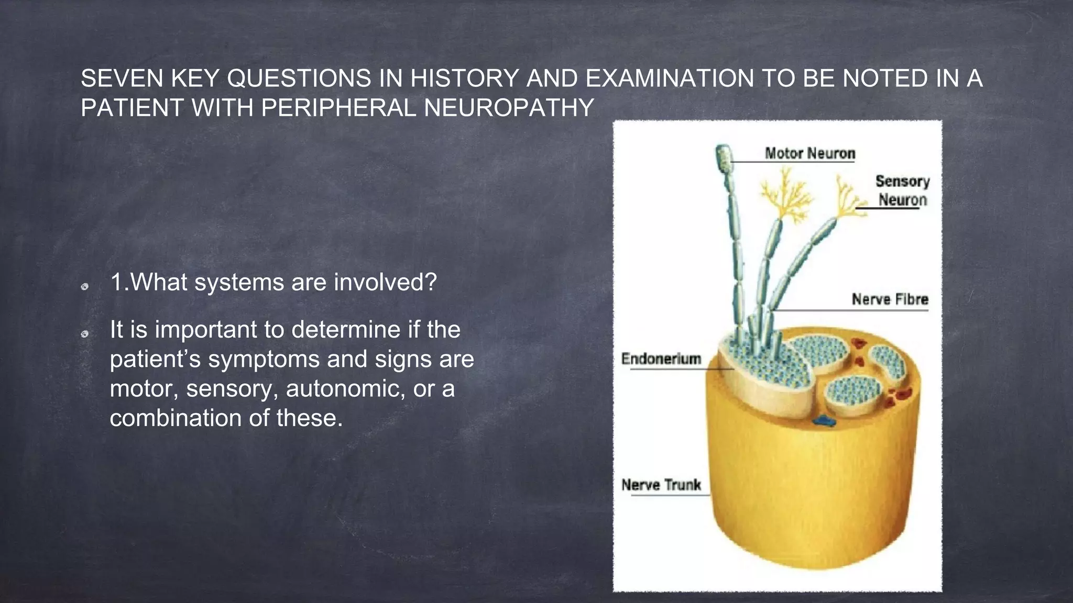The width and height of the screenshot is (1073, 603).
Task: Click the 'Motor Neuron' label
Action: [x=809, y=153]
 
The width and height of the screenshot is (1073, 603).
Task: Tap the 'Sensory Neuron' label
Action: [x=902, y=191]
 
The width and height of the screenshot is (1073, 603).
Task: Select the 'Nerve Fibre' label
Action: [x=890, y=299]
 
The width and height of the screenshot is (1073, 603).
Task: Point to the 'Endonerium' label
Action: [x=661, y=359]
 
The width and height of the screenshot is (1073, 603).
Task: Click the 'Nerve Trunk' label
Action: [x=661, y=485]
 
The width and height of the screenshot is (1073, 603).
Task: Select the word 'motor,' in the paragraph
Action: [x=144, y=388]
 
